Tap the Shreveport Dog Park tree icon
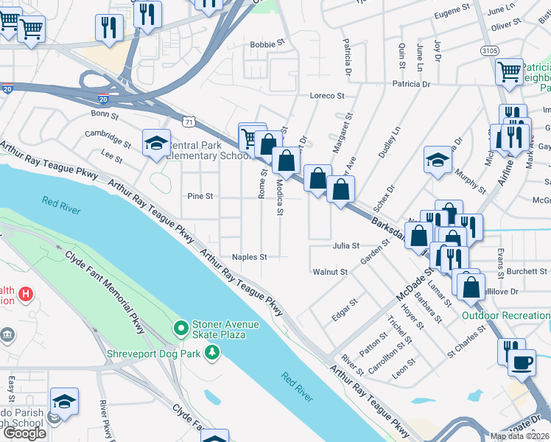tap(212, 352)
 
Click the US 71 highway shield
tap(190, 121)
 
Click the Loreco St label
tap(327, 96)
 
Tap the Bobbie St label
tap(267, 44)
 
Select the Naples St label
tap(249, 257)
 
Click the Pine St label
tap(200, 197)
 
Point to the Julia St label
tap(345, 245)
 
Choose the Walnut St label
tap(330, 272)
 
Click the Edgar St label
tap(344, 308)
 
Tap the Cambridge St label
tap(108, 134)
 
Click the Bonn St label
tap(104, 114)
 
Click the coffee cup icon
tap(522, 363)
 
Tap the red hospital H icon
tap(26, 295)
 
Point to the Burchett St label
tap(527, 271)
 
